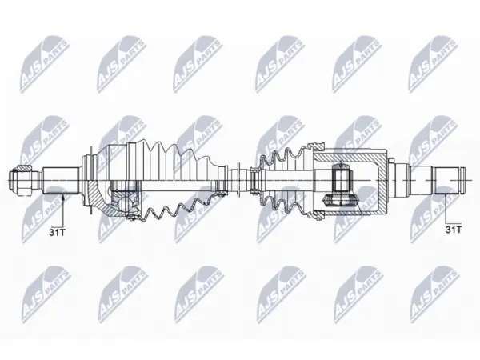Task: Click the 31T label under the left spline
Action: (x=58, y=232)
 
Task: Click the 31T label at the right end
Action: (x=453, y=230)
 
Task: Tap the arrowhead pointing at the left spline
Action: (x=63, y=198)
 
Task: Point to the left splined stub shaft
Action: (x=61, y=180)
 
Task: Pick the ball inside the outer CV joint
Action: (x=125, y=203)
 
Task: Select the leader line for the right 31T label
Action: (x=446, y=209)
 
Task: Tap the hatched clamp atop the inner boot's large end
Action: (x=316, y=147)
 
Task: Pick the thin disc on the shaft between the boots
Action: (x=239, y=180)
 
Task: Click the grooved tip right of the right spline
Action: (x=462, y=180)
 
